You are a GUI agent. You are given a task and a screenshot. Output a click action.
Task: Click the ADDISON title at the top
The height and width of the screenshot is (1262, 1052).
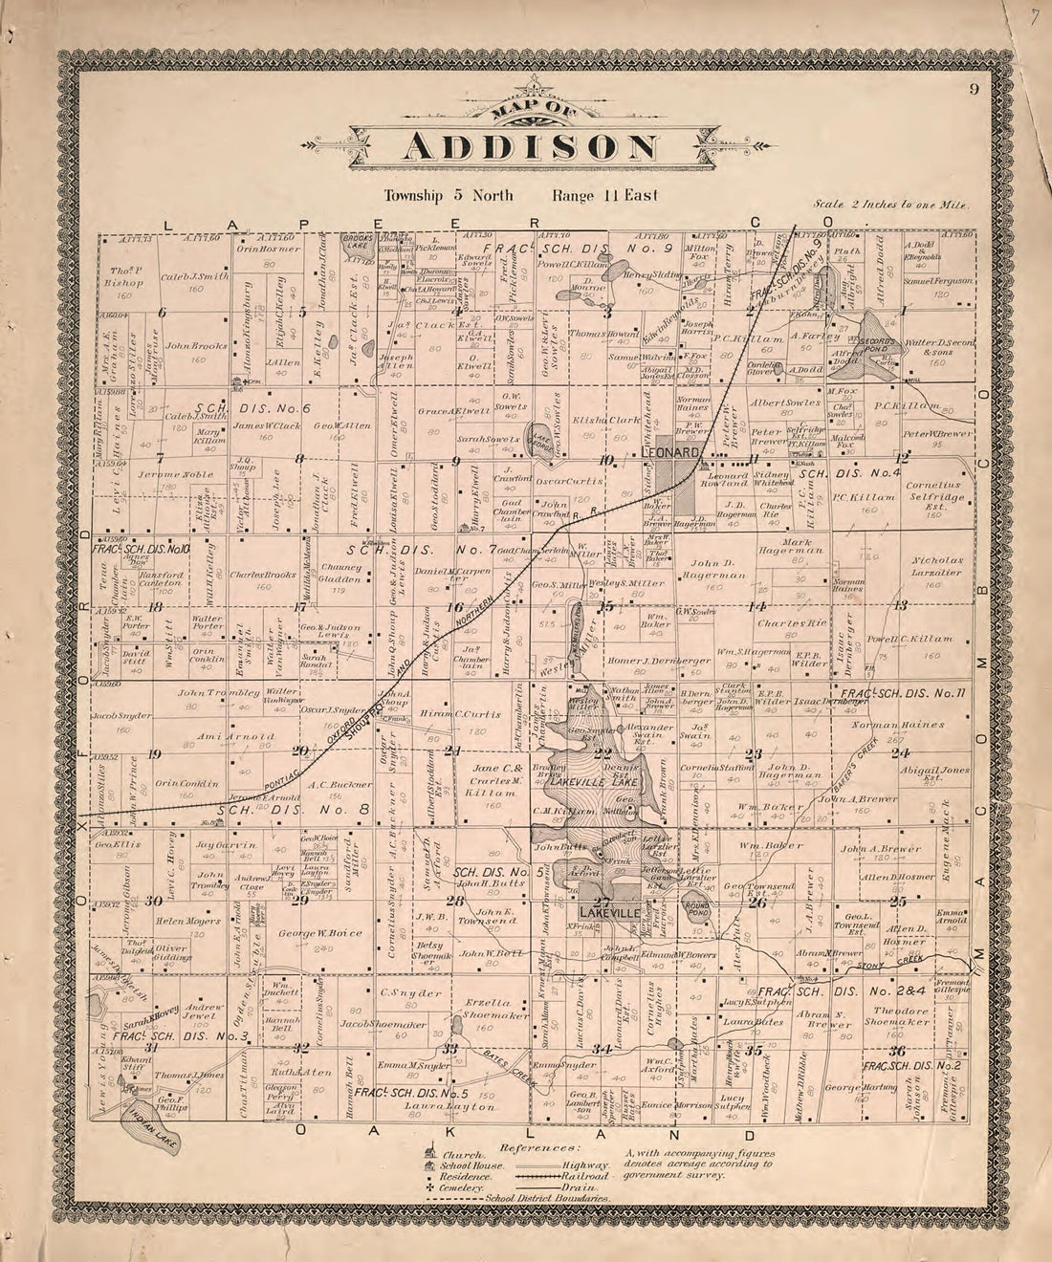click(x=532, y=147)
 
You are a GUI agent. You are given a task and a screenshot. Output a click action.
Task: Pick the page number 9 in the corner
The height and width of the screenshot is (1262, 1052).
click(x=972, y=90)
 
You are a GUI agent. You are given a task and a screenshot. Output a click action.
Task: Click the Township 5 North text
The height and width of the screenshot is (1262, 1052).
click(x=448, y=196)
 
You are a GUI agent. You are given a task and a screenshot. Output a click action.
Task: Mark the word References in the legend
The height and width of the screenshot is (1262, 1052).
click(x=539, y=1145)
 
